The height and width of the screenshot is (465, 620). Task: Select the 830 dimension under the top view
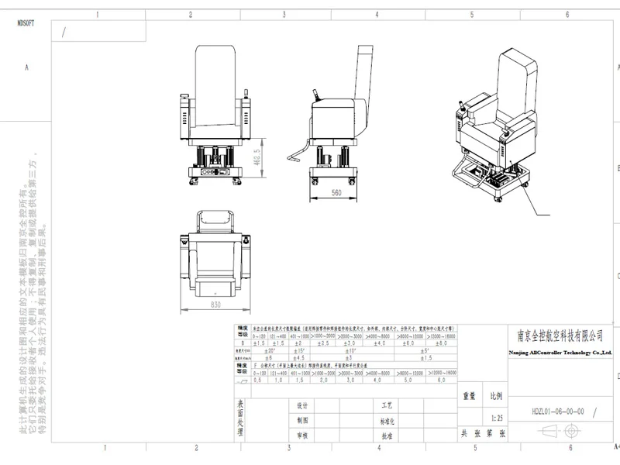(215, 304)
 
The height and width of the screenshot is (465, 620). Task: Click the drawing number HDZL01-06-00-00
(557, 412)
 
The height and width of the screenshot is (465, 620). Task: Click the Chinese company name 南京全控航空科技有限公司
(560, 336)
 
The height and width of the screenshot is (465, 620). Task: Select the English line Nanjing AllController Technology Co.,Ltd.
(560, 353)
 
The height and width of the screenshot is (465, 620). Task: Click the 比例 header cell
(496, 395)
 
